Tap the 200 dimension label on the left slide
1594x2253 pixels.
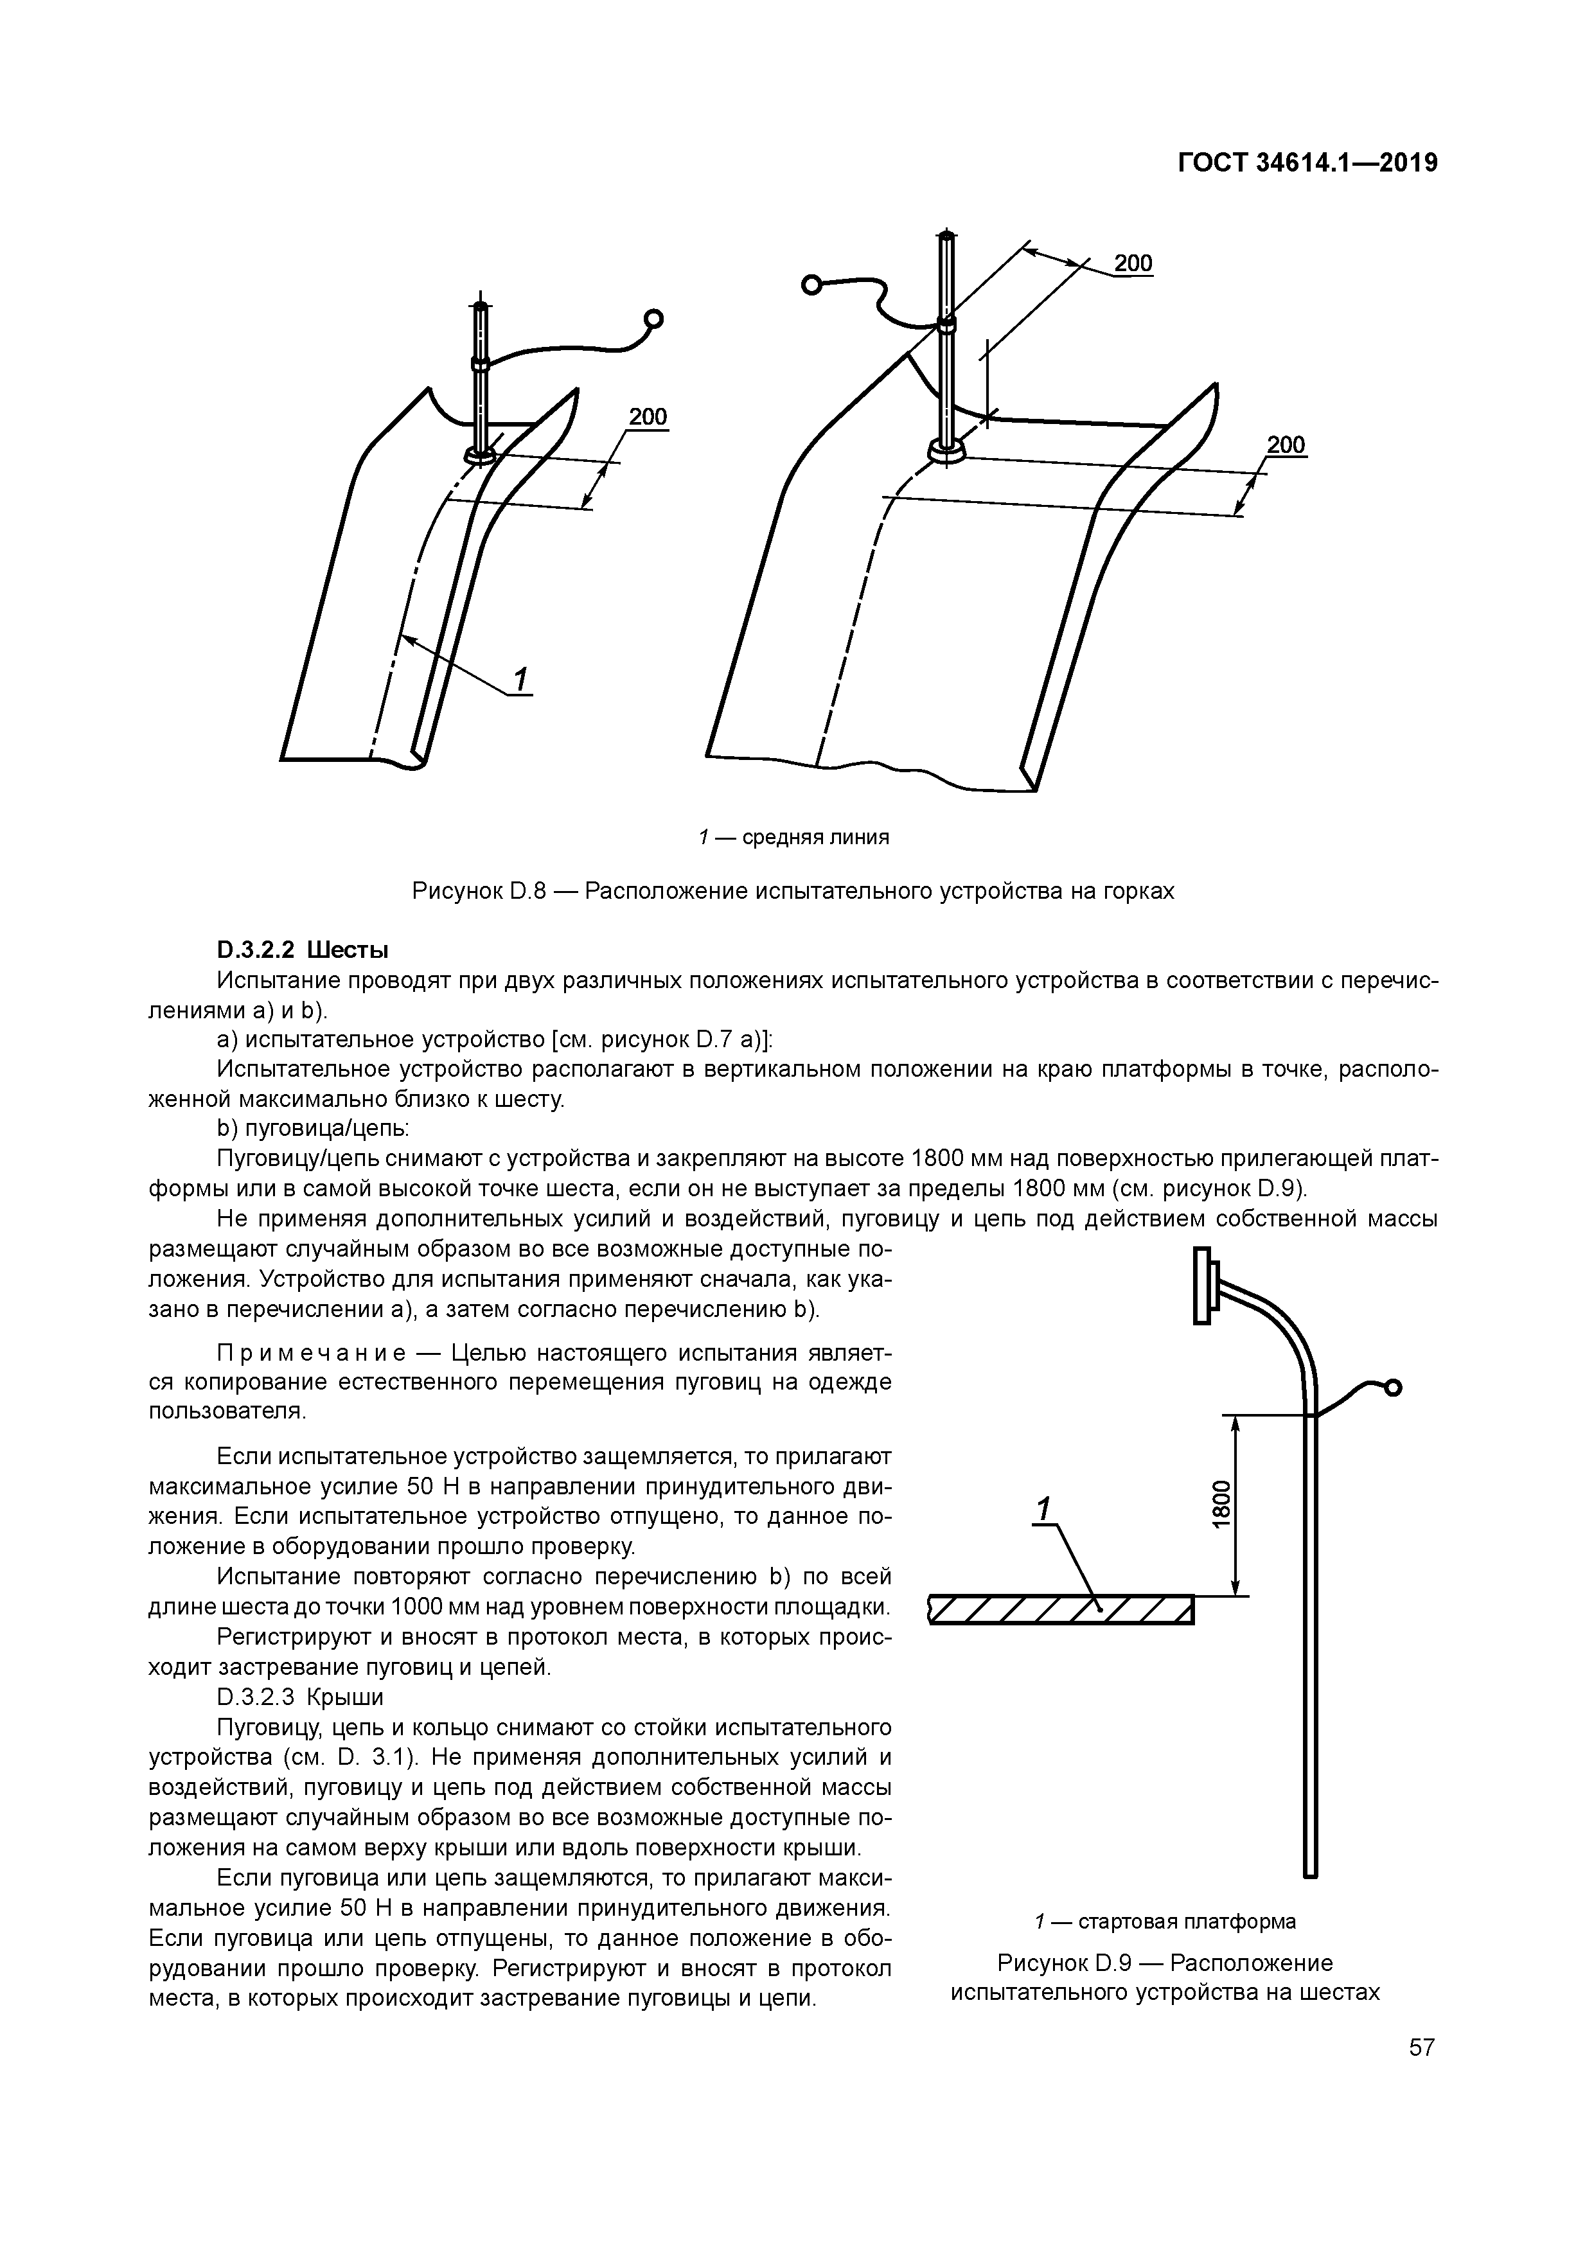pos(648,417)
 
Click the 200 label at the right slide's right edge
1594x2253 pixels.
pos(1286,445)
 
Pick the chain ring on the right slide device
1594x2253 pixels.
pos(811,285)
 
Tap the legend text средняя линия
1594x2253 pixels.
pos(815,837)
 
